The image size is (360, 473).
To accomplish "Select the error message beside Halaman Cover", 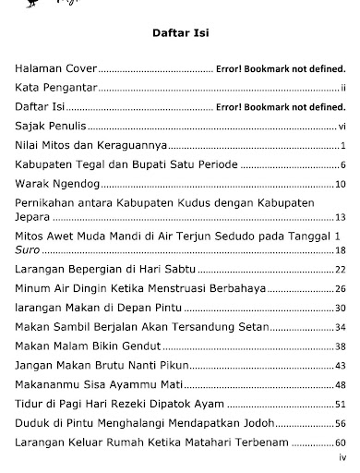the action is (x=280, y=69).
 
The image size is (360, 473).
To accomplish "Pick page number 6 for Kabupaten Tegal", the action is (x=342, y=164).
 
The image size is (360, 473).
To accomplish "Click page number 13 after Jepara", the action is (x=340, y=217).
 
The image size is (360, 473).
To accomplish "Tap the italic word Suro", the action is (x=28, y=250).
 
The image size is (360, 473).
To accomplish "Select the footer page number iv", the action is (x=342, y=457).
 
